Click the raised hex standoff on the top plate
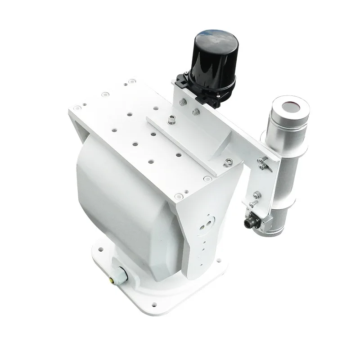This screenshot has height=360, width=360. [x=172, y=120]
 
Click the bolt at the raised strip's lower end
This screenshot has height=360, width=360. [x=230, y=161]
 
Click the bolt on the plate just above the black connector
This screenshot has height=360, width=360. [x=257, y=195]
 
